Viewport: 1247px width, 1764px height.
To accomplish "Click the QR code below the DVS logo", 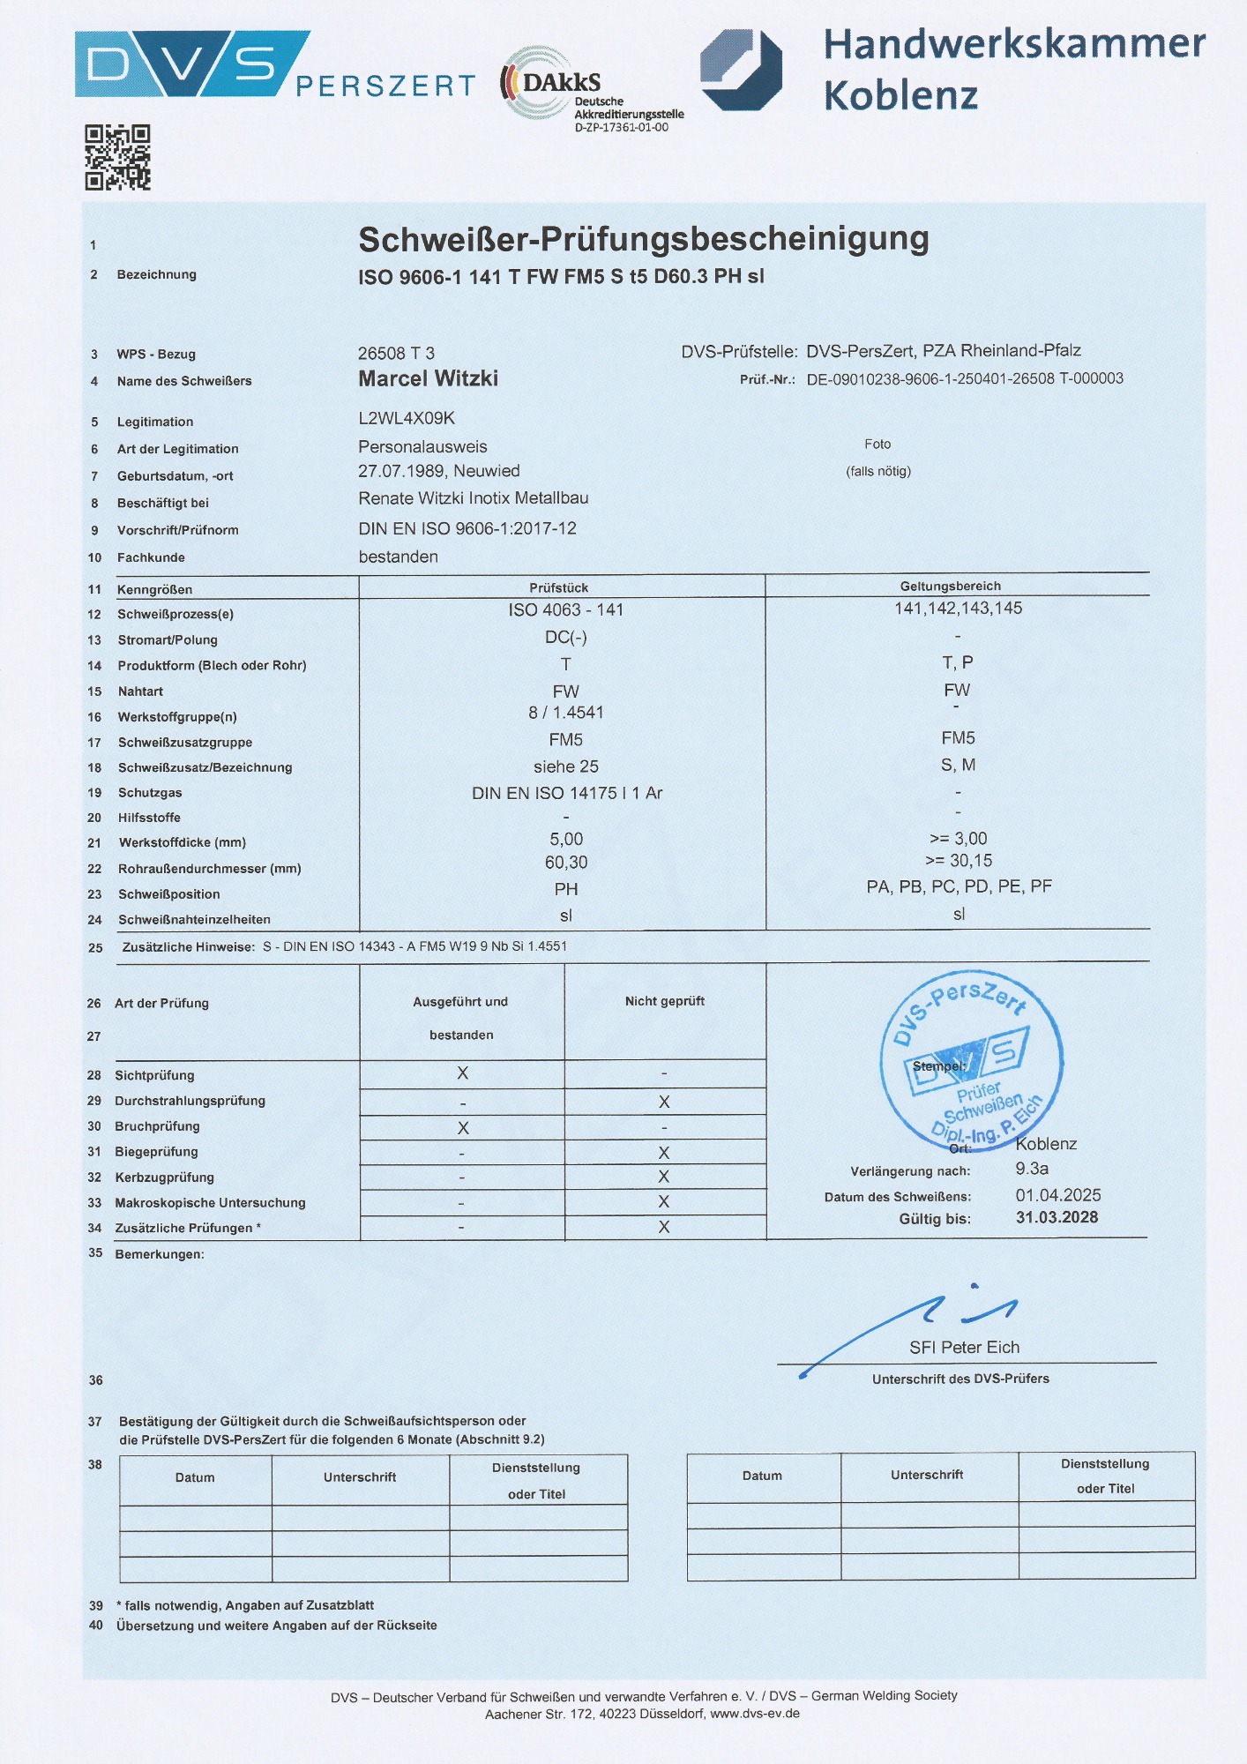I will (x=117, y=158).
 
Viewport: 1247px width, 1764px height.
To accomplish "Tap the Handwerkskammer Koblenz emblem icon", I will (x=741, y=70).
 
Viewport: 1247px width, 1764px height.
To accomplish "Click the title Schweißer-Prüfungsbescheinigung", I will (x=643, y=239).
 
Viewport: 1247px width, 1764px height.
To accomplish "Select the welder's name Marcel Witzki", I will (x=428, y=379).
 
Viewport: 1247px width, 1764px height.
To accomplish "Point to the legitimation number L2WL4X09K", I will (x=407, y=418).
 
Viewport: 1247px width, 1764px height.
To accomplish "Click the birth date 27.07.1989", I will (x=402, y=471).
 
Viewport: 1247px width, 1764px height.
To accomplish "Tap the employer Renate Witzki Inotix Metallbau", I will (x=473, y=498).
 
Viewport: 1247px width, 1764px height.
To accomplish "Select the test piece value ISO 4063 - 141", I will (x=565, y=609).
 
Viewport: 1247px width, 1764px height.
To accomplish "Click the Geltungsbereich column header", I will (x=950, y=586).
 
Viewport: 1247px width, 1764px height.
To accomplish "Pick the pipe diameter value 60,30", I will (x=565, y=863).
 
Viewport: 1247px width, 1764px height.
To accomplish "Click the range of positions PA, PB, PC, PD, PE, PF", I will (x=959, y=886).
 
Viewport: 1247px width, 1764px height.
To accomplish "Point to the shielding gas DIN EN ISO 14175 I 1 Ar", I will (x=566, y=793).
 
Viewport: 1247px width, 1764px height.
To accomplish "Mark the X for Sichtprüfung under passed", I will (x=462, y=1073).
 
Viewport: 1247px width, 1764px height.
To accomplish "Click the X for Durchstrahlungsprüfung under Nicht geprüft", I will (x=664, y=1102).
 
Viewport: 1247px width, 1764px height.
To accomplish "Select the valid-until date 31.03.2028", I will (x=1057, y=1217).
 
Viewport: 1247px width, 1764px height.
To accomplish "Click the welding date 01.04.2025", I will (x=1057, y=1195).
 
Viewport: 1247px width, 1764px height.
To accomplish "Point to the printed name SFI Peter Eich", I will (x=964, y=1347).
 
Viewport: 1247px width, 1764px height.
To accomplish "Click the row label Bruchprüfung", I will (x=157, y=1126).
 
